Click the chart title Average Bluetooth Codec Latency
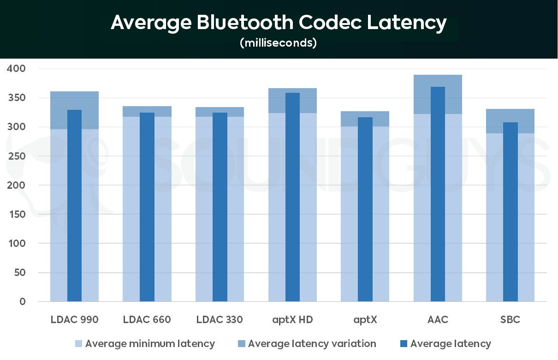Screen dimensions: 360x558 coord(279,22)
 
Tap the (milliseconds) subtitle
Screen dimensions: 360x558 coord(278,43)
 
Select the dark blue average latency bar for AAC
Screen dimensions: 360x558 coord(438,194)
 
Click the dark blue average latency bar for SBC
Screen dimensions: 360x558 coord(510,212)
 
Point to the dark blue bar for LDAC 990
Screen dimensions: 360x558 coord(74,205)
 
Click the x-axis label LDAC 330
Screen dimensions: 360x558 coord(220,320)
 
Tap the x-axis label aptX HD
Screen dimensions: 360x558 coord(292,320)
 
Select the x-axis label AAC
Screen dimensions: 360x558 coord(438,320)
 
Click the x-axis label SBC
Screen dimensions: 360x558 coord(510,320)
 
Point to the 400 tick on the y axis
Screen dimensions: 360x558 coord(16,69)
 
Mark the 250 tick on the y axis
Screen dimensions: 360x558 coord(16,156)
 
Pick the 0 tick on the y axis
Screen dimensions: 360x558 coord(22,302)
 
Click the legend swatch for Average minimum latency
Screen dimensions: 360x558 coord(78,344)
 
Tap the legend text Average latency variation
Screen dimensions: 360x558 coord(312,344)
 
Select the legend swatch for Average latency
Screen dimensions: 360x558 coord(404,344)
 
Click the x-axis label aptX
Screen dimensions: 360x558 coord(365,320)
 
